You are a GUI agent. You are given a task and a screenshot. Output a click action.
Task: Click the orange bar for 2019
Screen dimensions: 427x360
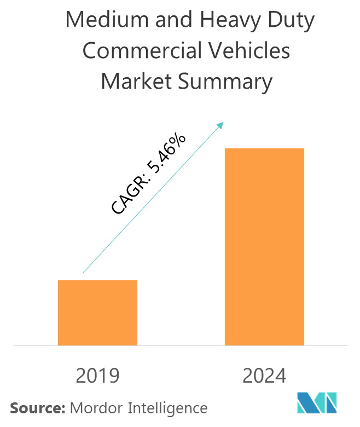pos(97,313)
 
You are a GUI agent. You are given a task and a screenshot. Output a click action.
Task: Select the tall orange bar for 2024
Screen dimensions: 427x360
pos(264,247)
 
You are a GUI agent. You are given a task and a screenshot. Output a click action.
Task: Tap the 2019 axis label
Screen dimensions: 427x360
pos(97,376)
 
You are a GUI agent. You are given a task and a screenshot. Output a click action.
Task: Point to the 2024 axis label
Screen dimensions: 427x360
pos(264,376)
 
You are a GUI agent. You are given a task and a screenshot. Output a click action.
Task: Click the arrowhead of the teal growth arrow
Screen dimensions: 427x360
pos(221,125)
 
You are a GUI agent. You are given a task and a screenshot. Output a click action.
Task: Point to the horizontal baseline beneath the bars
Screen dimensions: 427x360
pos(181,346)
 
